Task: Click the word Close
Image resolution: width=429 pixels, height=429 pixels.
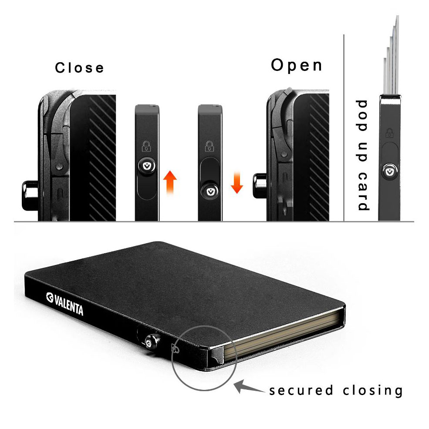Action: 79,68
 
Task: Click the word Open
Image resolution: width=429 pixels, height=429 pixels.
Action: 297,65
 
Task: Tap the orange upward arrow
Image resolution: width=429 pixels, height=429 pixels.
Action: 170,182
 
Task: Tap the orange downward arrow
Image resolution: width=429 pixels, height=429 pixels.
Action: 236,182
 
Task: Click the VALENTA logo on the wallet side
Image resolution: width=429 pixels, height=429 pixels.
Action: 64,304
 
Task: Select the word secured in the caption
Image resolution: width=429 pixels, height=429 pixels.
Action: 301,390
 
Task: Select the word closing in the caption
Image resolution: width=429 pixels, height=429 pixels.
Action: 372,390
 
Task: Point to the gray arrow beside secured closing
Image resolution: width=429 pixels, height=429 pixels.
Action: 249,387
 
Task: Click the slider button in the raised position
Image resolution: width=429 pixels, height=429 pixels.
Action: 147,166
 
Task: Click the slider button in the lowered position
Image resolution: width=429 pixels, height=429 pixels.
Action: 210,191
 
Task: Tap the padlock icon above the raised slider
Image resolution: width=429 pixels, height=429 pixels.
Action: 146,146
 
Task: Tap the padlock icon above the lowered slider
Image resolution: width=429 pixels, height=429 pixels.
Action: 209,146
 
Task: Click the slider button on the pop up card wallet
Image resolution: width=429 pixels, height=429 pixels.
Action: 389,171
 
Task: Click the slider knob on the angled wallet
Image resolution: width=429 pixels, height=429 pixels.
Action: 152,341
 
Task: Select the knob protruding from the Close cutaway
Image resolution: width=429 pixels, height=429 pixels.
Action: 30,195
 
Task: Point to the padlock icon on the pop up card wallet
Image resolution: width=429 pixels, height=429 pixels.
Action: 389,133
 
